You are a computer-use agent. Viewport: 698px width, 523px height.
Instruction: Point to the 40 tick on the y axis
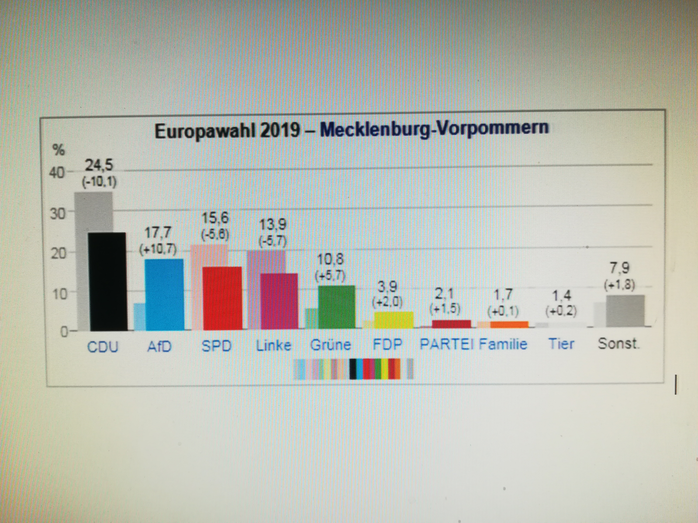(57, 173)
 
